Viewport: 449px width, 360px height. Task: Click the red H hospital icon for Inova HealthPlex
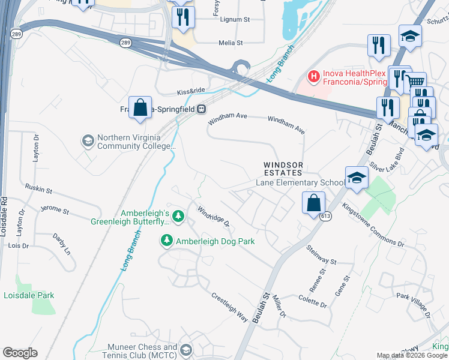click(x=312, y=76)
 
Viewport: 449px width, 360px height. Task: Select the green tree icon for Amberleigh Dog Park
click(x=166, y=241)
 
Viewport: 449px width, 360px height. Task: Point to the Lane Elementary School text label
click(x=300, y=182)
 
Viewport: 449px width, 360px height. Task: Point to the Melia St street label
click(x=231, y=43)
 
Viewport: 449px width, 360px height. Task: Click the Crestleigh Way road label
click(x=229, y=307)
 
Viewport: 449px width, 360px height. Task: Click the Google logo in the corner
click(x=20, y=353)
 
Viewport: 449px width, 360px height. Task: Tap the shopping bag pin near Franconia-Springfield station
click(x=140, y=109)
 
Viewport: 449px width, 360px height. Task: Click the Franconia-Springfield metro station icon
click(x=202, y=109)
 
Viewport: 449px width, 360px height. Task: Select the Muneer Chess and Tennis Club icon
click(x=186, y=350)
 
